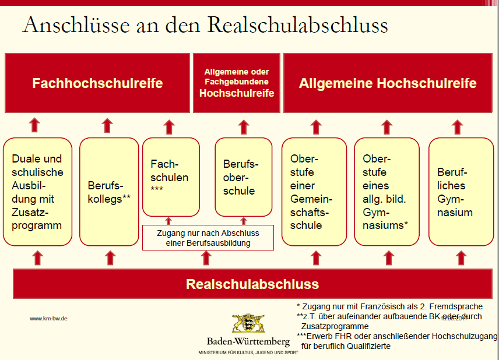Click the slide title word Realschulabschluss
tap(297, 26)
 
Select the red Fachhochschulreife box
tap(97, 83)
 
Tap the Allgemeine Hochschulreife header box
tap(388, 83)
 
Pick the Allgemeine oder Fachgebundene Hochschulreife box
tap(237, 83)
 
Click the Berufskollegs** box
tap(109, 191)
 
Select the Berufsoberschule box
tap(244, 177)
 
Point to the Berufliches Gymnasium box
tap(457, 191)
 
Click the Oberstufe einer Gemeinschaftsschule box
tap(315, 191)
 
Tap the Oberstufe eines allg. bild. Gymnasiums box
tap(386, 191)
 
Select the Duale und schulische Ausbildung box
tap(37, 191)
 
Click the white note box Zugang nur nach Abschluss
tap(208, 238)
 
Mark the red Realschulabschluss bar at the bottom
tap(252, 284)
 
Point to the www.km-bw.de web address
tap(49, 319)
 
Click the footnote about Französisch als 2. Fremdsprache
tap(389, 306)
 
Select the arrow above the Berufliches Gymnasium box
tap(458, 126)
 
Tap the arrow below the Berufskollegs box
tap(110, 257)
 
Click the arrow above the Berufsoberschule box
tap(244, 126)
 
